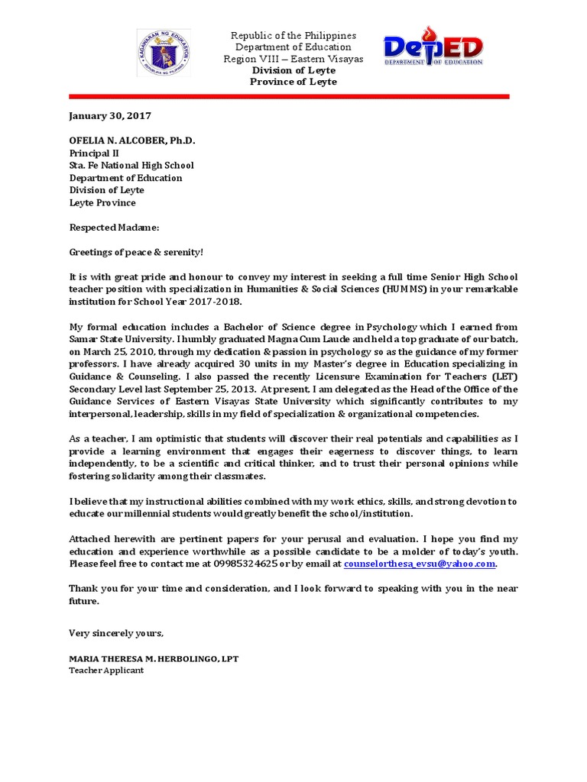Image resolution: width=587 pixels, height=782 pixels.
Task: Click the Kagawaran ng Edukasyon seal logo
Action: pyautogui.click(x=163, y=53)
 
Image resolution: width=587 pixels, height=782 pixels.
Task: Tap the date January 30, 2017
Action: pyautogui.click(x=110, y=116)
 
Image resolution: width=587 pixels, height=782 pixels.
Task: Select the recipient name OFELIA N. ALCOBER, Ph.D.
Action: pyautogui.click(x=132, y=141)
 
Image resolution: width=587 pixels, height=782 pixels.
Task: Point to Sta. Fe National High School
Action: pyautogui.click(x=131, y=165)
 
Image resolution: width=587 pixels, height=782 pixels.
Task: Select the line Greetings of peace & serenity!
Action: pyautogui.click(x=137, y=253)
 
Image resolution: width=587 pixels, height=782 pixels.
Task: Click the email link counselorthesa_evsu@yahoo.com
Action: pyautogui.click(x=420, y=564)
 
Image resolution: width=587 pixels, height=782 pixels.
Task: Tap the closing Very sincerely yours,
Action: pyautogui.click(x=116, y=633)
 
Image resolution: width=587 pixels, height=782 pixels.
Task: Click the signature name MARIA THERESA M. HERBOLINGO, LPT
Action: pyautogui.click(x=153, y=658)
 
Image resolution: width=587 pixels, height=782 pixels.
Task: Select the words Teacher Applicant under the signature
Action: pyautogui.click(x=106, y=671)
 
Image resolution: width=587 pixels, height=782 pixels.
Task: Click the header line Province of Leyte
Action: pyautogui.click(x=293, y=82)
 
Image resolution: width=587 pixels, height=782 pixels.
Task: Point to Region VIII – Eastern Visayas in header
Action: pyautogui.click(x=293, y=59)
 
